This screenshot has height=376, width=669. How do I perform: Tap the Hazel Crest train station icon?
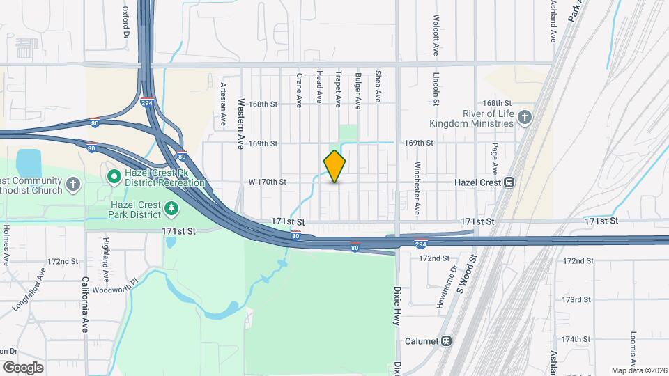[509, 182]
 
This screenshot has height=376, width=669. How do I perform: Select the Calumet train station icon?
[446, 341]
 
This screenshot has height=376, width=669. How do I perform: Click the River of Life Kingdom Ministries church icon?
[526, 118]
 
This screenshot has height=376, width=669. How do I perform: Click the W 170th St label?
[268, 182]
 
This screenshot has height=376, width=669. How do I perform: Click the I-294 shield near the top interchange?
[148, 102]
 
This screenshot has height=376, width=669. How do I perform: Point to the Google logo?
[23, 367]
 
